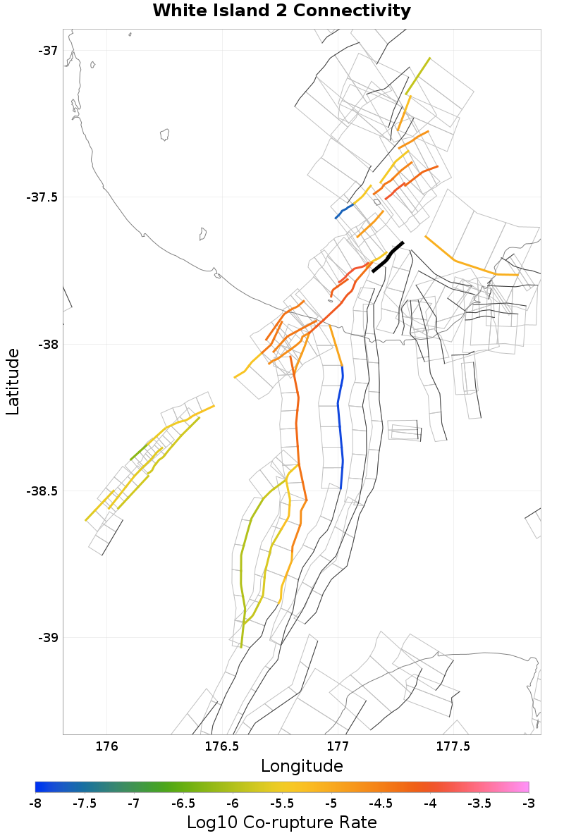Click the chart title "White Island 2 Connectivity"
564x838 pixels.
pyautogui.click(x=281, y=11)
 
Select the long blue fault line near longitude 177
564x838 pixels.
pyautogui.click(x=341, y=423)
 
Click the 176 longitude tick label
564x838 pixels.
pyautogui.click(x=106, y=746)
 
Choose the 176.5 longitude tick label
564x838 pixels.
pyautogui.click(x=221, y=746)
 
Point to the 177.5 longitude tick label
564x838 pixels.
pyautogui.click(x=452, y=746)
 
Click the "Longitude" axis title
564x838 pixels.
pyautogui.click(x=302, y=766)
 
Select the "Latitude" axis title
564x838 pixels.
pyautogui.click(x=13, y=381)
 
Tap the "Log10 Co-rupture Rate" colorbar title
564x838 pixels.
pyautogui.click(x=281, y=822)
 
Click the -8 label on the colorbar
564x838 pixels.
pyautogui.click(x=35, y=803)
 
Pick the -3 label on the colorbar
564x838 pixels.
pyautogui.click(x=528, y=803)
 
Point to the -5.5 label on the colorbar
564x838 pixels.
pyautogui.click(x=282, y=803)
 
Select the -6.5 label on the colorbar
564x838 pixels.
pyautogui.click(x=183, y=803)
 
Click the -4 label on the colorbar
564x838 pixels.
pyautogui.click(x=430, y=803)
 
